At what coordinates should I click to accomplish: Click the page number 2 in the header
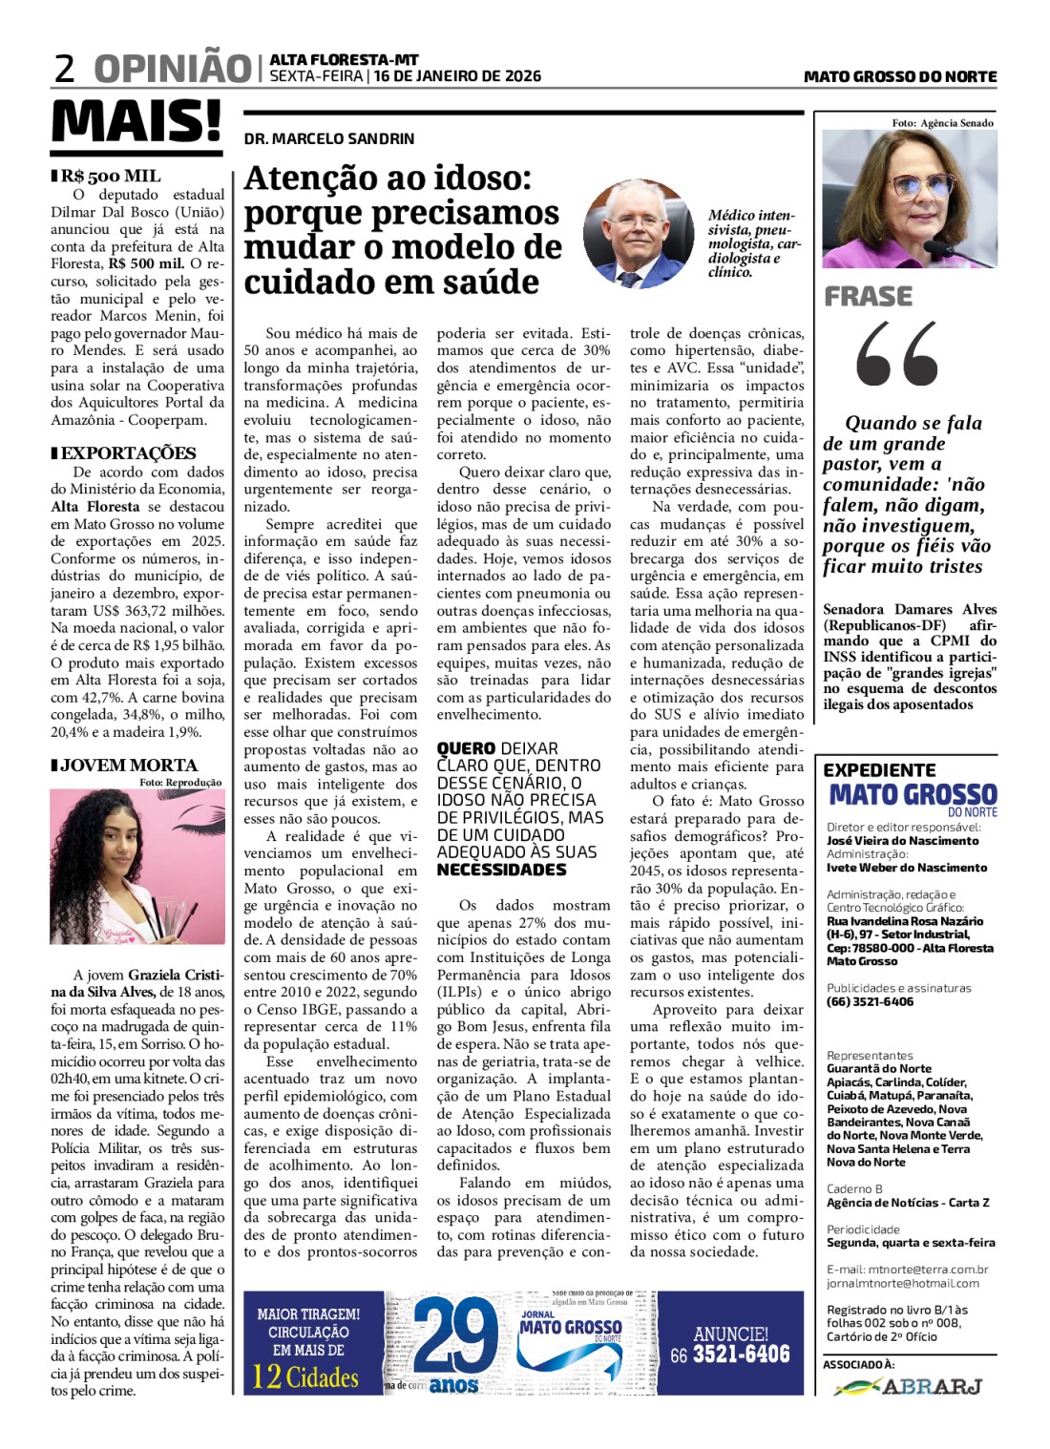(65, 70)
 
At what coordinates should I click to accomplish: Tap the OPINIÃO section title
(173, 70)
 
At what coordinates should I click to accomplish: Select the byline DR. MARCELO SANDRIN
(329, 138)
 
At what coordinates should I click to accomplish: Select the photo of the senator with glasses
(910, 199)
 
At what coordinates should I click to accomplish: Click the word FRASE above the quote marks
(869, 297)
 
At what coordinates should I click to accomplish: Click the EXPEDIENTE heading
(880, 769)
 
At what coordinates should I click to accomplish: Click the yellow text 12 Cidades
(305, 1377)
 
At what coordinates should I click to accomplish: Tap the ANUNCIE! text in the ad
(730, 1333)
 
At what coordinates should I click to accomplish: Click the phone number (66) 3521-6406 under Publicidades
(870, 1001)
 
